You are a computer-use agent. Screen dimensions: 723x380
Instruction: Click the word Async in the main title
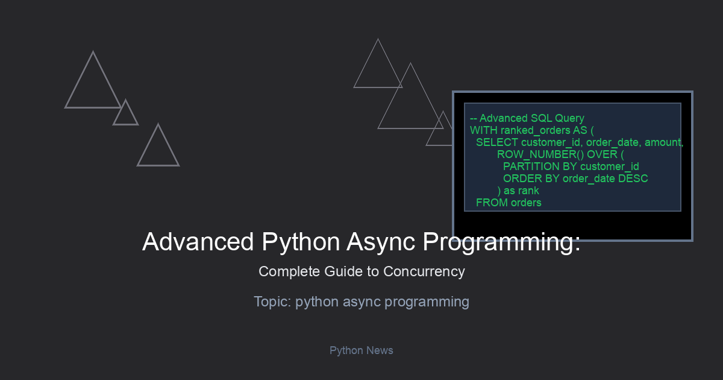point(381,242)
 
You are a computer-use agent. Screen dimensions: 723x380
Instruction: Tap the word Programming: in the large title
point(501,242)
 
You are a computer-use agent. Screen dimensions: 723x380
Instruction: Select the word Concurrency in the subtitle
point(424,272)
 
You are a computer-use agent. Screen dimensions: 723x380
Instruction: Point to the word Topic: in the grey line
point(273,302)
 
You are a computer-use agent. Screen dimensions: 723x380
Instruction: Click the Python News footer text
point(361,350)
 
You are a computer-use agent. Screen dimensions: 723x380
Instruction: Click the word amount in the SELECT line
point(663,142)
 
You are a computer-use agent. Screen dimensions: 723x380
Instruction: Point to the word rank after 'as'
point(528,191)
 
